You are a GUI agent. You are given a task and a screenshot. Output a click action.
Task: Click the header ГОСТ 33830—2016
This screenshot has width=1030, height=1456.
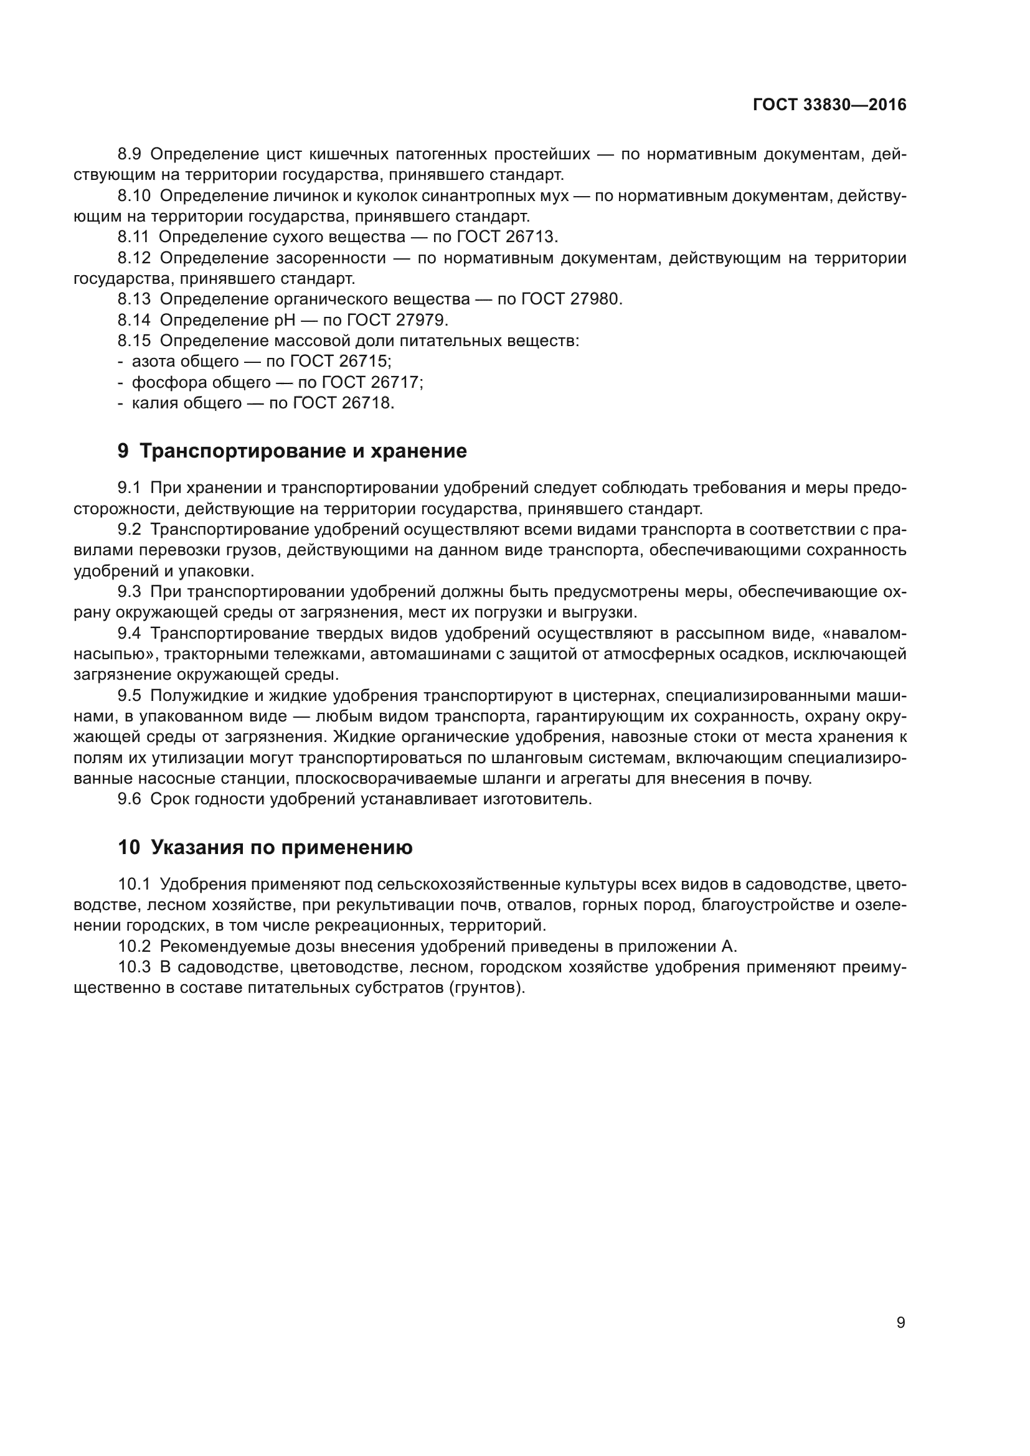(829, 105)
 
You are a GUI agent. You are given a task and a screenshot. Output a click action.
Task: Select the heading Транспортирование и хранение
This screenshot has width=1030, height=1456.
(303, 451)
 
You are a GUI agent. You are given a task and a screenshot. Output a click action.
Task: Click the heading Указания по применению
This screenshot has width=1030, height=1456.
(281, 848)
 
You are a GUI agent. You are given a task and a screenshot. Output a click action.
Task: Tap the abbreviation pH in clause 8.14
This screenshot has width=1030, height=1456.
(285, 320)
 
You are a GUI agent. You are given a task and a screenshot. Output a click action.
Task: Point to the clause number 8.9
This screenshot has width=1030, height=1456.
(130, 154)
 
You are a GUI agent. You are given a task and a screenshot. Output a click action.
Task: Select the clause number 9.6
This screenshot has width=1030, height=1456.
(130, 799)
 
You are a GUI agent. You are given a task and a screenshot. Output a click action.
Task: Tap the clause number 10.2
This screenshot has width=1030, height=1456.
(134, 947)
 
